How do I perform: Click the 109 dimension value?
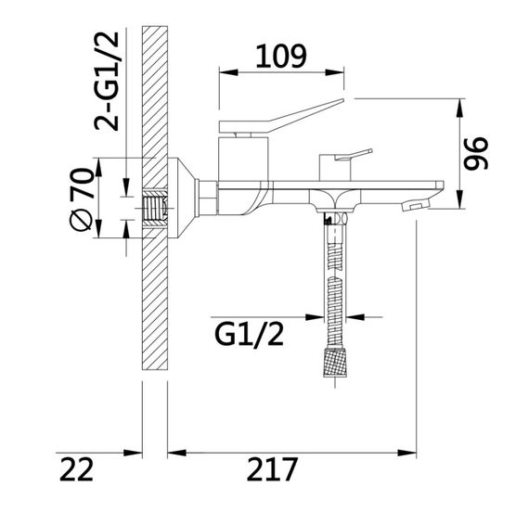[281, 56]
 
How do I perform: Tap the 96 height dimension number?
[476, 153]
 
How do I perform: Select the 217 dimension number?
[272, 468]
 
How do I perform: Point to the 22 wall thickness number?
[76, 468]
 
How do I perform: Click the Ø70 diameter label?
[82, 199]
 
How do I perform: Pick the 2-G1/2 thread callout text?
[107, 81]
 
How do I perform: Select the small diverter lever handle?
[354, 155]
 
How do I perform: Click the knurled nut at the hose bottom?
[335, 363]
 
